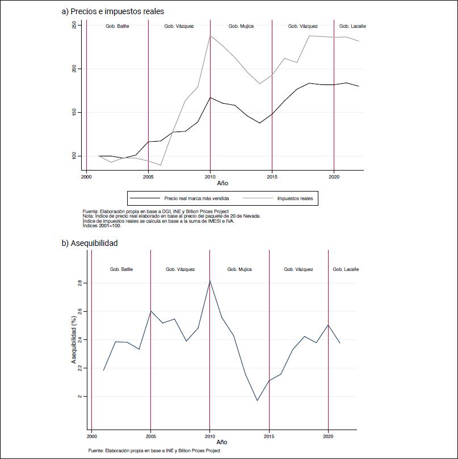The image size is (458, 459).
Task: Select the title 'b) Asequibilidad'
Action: [90, 243]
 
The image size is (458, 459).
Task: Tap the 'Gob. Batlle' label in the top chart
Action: [117, 26]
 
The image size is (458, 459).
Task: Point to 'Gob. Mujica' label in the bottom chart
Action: [239, 269]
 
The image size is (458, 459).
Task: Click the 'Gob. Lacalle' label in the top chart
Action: [352, 26]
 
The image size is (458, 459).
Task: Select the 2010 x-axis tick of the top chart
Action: [210, 177]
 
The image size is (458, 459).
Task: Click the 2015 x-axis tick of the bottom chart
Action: [269, 437]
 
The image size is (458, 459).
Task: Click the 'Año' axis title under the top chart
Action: [224, 184]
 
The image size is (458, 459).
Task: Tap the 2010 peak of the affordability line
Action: [210, 280]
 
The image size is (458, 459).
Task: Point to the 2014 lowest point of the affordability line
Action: [257, 401]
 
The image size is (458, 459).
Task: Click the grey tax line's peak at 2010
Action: [210, 36]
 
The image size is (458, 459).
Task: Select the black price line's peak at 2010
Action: [210, 97]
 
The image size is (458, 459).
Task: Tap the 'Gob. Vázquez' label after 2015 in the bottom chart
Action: [299, 269]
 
